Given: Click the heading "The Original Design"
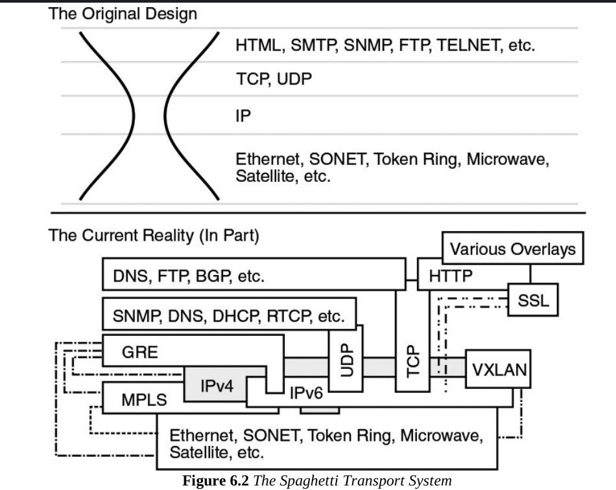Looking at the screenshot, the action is pyautogui.click(x=123, y=14).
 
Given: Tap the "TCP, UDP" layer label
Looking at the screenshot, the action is pyautogui.click(x=274, y=79).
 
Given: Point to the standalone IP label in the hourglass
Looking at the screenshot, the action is pyautogui.click(x=243, y=116).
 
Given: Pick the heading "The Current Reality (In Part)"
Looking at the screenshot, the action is pyautogui.click(x=154, y=236).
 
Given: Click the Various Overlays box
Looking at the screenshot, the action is pyautogui.click(x=513, y=248).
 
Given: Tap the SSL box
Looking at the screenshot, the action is pyautogui.click(x=533, y=300).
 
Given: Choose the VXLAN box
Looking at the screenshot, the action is pyautogui.click(x=498, y=369).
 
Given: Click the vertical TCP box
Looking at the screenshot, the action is pyautogui.click(x=412, y=340).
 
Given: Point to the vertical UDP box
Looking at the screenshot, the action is pyautogui.click(x=346, y=358).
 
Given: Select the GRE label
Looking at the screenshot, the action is pyautogui.click(x=140, y=352).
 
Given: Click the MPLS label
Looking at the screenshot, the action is pyautogui.click(x=144, y=400).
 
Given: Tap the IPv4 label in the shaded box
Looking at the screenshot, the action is pyautogui.click(x=217, y=386).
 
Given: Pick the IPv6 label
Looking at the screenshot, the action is pyautogui.click(x=306, y=393).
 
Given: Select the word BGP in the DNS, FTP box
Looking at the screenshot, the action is pyautogui.click(x=213, y=276).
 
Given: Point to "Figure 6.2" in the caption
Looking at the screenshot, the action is pyautogui.click(x=216, y=480).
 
